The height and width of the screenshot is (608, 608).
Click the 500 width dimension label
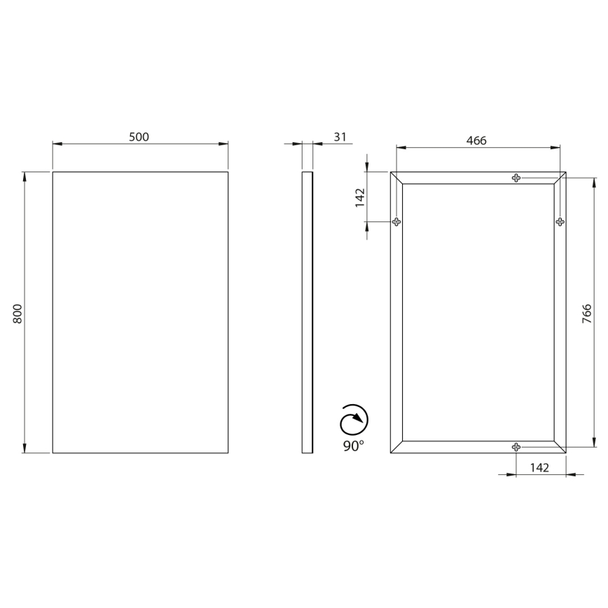pyautogui.click(x=139, y=137)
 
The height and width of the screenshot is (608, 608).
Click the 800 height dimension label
pyautogui.click(x=19, y=312)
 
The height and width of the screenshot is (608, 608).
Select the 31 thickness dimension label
pyautogui.click(x=339, y=137)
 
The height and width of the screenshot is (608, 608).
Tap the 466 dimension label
pyautogui.click(x=476, y=140)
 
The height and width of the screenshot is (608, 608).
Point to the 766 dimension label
pyautogui.click(x=587, y=312)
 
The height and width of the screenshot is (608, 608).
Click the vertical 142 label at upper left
pyautogui.click(x=360, y=198)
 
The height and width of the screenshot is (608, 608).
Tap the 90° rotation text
pyautogui.click(x=354, y=446)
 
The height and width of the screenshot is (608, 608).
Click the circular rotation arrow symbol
pyautogui.click(x=354, y=420)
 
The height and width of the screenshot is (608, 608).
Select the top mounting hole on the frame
pyautogui.click(x=516, y=178)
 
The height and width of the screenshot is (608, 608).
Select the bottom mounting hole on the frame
pyautogui.click(x=516, y=447)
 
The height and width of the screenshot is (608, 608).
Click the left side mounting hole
pyautogui.click(x=396, y=222)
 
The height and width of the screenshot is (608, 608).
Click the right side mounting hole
pyautogui.click(x=560, y=222)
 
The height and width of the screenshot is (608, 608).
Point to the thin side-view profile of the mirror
pyautogui.click(x=307, y=312)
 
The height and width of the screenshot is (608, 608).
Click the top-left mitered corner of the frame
pyautogui.click(x=396, y=178)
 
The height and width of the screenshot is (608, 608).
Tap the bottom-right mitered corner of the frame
pyautogui.click(x=560, y=447)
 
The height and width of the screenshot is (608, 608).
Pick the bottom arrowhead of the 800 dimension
pyautogui.click(x=25, y=448)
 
